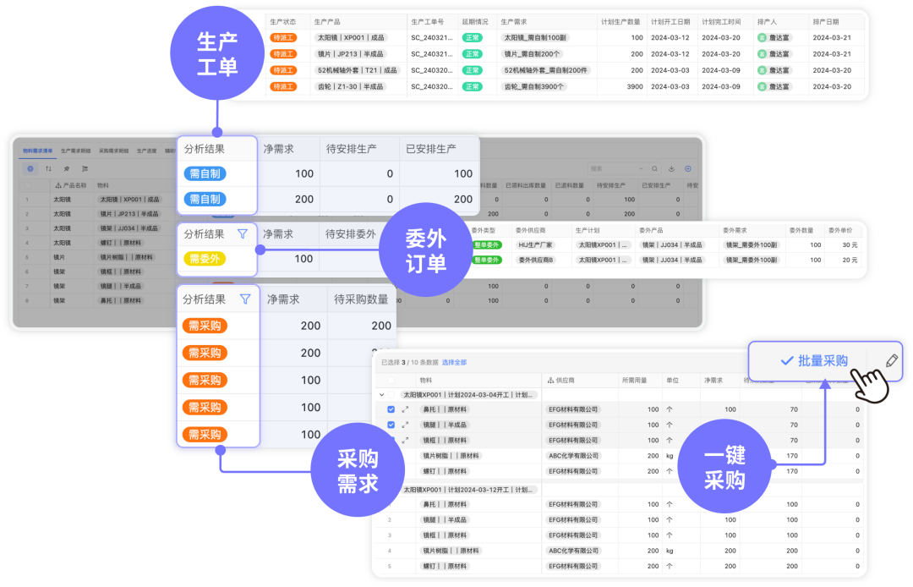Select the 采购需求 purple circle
tap(358, 471)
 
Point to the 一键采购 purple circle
tap(724, 468)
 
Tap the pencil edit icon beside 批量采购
tap(891, 360)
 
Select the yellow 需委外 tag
tap(205, 259)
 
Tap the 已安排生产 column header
tap(430, 149)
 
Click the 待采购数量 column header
tap(362, 299)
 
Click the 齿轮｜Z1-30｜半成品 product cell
tap(350, 86)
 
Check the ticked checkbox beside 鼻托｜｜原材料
tap(391, 409)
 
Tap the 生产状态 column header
tap(283, 21)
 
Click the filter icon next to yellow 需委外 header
tap(243, 234)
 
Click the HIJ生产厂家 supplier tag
tap(535, 244)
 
